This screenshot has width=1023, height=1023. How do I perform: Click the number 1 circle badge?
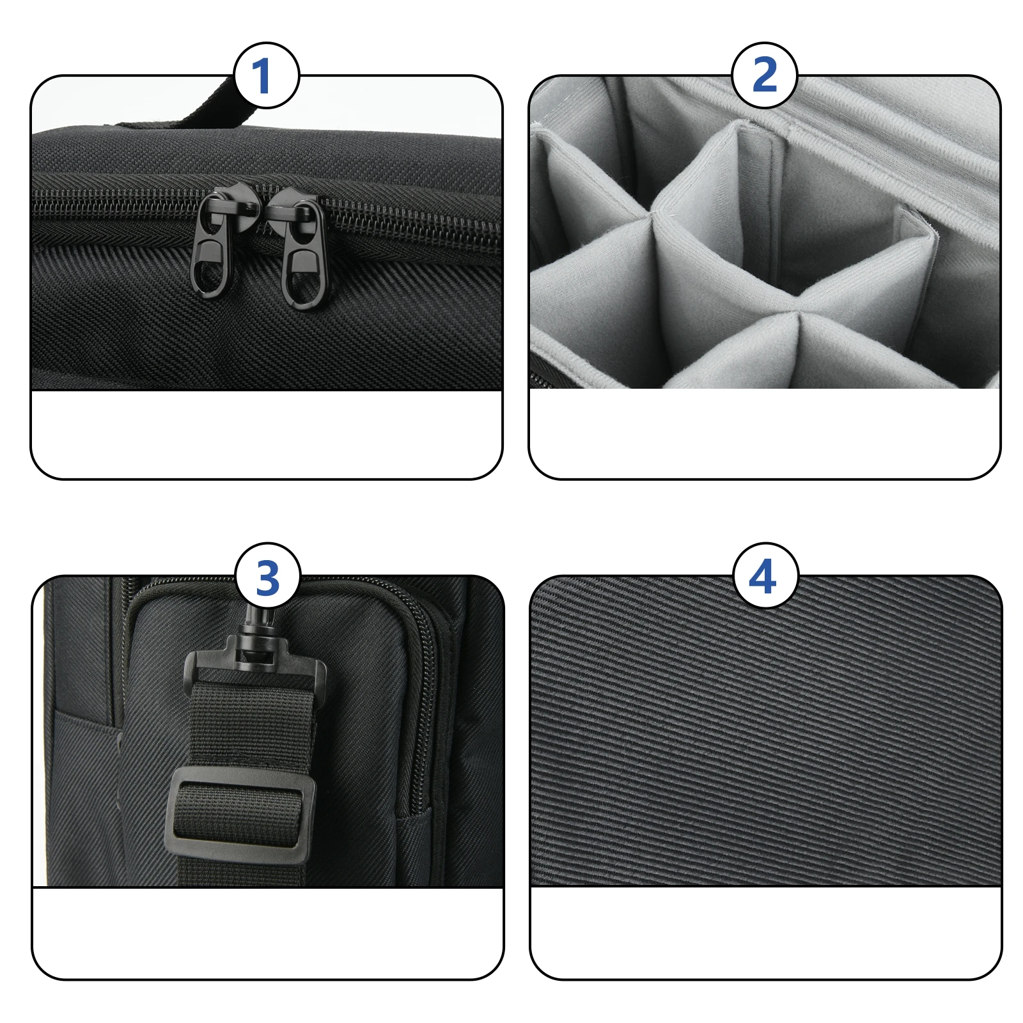coord(266,75)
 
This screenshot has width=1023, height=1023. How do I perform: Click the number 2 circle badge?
coord(764,75)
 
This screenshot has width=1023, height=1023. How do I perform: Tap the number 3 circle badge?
coord(267,577)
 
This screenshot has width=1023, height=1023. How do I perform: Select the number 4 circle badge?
coord(765,577)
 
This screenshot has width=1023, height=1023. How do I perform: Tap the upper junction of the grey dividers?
coord(652,214)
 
